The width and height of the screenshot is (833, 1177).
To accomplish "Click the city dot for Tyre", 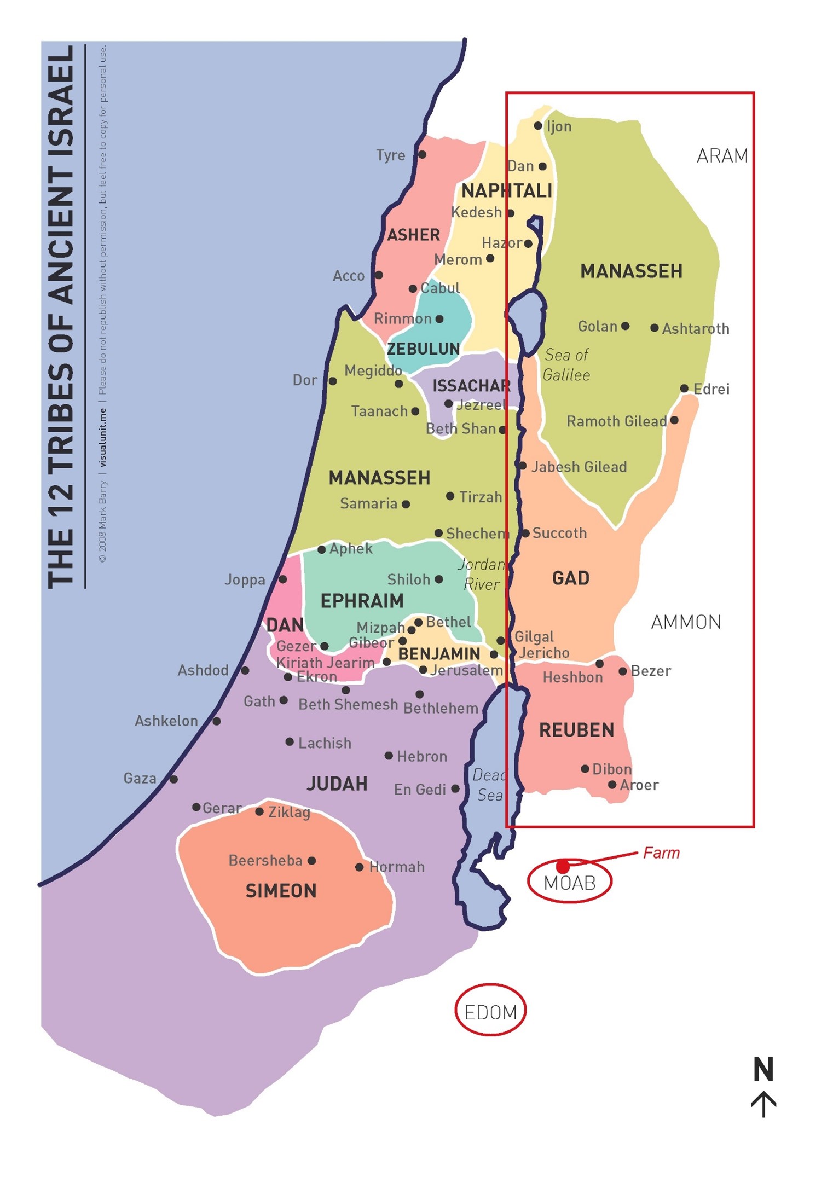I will pyautogui.click(x=422, y=155).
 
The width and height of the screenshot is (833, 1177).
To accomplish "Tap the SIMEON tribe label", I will pyautogui.click(x=281, y=891).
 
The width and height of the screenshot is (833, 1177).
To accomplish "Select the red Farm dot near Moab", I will pyautogui.click(x=563, y=866).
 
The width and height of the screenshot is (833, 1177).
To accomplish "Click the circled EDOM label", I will pyautogui.click(x=490, y=1012).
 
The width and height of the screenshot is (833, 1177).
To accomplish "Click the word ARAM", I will pyautogui.click(x=722, y=156).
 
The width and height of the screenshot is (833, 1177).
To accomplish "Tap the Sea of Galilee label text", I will pyautogui.click(x=566, y=365).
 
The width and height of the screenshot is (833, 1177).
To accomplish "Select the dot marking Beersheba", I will pyautogui.click(x=312, y=861).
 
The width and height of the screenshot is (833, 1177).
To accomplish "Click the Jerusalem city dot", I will pyautogui.click(x=423, y=670).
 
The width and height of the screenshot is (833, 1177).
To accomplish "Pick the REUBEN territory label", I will pyautogui.click(x=576, y=730).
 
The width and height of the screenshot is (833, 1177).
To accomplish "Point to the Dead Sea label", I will pyautogui.click(x=489, y=785).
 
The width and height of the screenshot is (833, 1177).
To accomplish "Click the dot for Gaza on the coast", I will pyautogui.click(x=173, y=779).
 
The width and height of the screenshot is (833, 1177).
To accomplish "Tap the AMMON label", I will pyautogui.click(x=686, y=622).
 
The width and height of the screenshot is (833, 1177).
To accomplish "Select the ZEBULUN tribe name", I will pyautogui.click(x=423, y=349).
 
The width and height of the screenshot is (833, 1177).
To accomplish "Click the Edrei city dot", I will pyautogui.click(x=684, y=389).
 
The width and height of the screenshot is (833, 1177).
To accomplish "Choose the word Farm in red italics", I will pyautogui.click(x=661, y=853).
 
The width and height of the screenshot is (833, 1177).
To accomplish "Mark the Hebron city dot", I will pyautogui.click(x=389, y=756).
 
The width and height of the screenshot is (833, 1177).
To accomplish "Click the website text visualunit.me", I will pyautogui.click(x=102, y=437).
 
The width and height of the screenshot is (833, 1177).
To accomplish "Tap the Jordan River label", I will pyautogui.click(x=481, y=574).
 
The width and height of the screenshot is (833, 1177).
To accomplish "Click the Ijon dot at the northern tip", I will pyautogui.click(x=538, y=126).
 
